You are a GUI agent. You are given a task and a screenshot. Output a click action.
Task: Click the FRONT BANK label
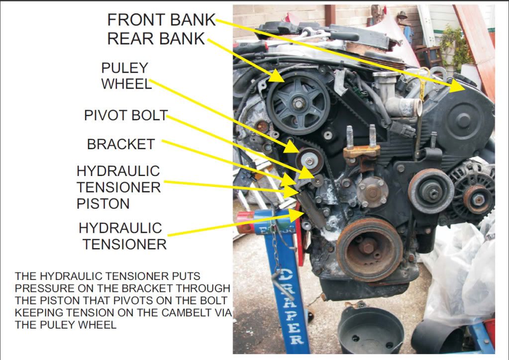161,20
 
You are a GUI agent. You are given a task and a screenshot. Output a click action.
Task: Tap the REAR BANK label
156,39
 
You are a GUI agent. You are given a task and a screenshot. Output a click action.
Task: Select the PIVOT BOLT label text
125,116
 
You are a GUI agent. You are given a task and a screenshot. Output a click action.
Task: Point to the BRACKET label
121,144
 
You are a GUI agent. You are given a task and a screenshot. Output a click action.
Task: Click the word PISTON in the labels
103,203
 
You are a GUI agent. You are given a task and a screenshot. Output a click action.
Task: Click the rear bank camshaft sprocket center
298,104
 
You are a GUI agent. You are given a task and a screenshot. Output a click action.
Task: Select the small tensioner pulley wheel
309,160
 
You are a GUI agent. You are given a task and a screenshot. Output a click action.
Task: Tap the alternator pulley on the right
478,200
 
